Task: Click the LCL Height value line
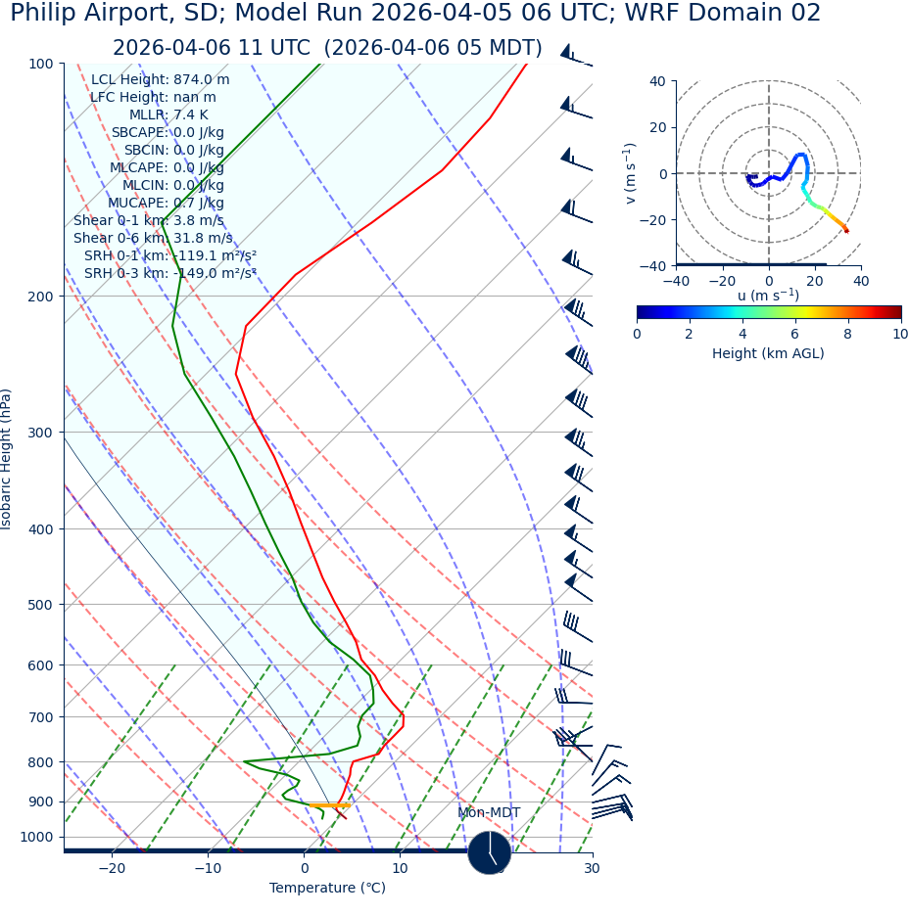(x=160, y=80)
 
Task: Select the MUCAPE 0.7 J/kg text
(x=166, y=204)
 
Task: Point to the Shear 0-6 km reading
(x=153, y=239)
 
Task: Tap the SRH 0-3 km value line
(x=169, y=274)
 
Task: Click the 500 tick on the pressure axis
(x=40, y=605)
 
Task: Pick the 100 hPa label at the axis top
(x=40, y=64)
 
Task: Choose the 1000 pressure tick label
(x=36, y=838)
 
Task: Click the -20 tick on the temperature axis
(x=112, y=869)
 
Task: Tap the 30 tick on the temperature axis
(x=592, y=869)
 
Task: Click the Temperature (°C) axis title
(x=327, y=889)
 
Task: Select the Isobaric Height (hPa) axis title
(x=7, y=459)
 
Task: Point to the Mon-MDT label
(x=489, y=813)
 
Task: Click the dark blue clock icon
(x=489, y=852)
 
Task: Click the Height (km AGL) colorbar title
(x=768, y=353)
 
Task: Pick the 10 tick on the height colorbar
(x=899, y=335)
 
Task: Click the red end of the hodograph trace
(x=846, y=231)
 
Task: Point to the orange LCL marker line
(x=329, y=805)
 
